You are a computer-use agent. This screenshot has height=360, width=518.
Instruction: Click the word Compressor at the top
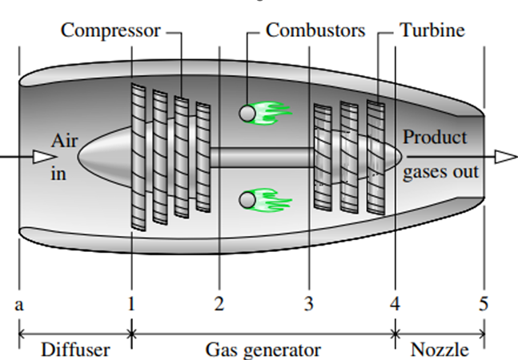tap(110, 30)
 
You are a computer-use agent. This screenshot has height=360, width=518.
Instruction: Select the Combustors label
tap(315, 30)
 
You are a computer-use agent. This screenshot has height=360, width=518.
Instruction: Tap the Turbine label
tap(432, 30)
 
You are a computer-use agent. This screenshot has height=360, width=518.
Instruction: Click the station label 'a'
tap(19, 304)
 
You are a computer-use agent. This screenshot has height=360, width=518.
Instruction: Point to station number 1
tap(131, 304)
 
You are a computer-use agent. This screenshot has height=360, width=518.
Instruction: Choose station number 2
tap(219, 304)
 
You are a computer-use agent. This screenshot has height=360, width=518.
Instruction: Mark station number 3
tap(308, 304)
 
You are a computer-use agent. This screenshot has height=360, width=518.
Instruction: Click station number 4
tap(395, 304)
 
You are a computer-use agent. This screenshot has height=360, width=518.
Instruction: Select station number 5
tap(484, 304)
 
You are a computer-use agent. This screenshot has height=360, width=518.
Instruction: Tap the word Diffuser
tap(75, 350)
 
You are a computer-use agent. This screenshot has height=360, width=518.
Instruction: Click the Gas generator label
tap(263, 350)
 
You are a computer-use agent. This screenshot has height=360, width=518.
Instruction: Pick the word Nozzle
tap(440, 350)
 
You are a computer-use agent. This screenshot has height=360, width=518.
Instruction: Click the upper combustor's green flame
tap(271, 114)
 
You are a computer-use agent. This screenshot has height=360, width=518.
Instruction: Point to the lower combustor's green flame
tap(271, 198)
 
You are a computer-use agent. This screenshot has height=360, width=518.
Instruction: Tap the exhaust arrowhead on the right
tap(505, 157)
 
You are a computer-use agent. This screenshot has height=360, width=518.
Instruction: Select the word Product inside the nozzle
tap(435, 138)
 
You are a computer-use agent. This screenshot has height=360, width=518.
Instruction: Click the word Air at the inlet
tap(65, 141)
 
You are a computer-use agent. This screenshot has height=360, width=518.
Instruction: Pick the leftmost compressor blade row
tap(140, 158)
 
